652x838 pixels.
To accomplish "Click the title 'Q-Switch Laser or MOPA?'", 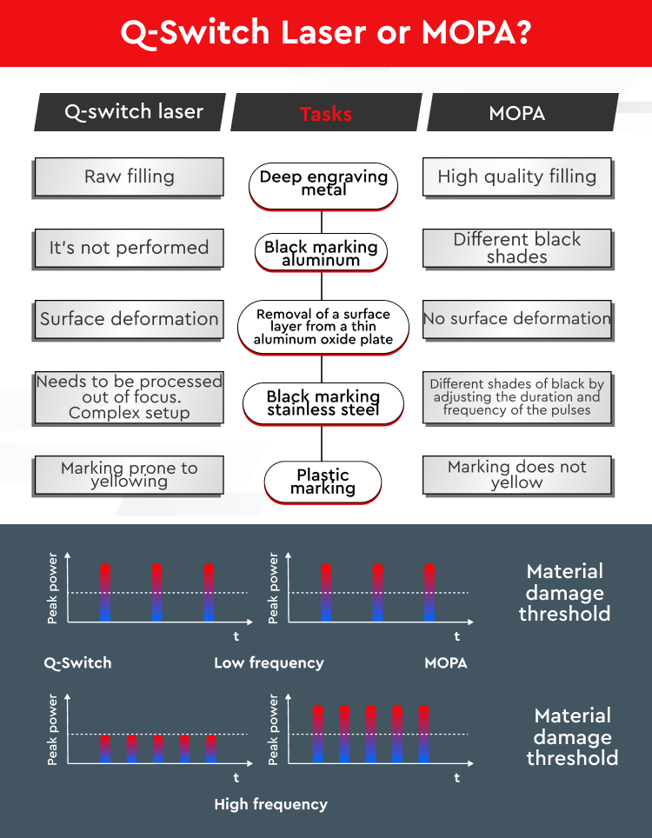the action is (326, 32).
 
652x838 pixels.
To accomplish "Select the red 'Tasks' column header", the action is (326, 112).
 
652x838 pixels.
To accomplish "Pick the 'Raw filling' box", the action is (129, 176).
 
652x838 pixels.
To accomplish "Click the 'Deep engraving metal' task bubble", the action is (323, 185).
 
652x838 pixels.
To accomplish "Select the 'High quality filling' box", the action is (516, 176).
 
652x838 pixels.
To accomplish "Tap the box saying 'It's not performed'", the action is (129, 248).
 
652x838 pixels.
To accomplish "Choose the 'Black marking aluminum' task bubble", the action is (321, 252).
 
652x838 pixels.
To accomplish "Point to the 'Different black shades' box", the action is (516, 248).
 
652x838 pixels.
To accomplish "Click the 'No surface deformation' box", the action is (516, 319).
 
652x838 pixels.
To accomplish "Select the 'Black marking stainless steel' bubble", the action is (323, 403).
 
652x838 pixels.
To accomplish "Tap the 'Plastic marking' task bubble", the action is (323, 482).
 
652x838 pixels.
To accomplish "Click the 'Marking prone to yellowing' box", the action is (129, 475).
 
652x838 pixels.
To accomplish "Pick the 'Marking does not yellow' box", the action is (516, 475).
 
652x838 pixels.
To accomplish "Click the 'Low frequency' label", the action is (269, 662).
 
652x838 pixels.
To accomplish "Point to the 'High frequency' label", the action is (270, 804).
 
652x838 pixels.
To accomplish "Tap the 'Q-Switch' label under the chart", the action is (77, 662).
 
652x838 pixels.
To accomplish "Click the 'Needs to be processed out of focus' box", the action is (129, 397).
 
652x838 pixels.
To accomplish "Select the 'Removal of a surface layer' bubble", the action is (323, 327).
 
